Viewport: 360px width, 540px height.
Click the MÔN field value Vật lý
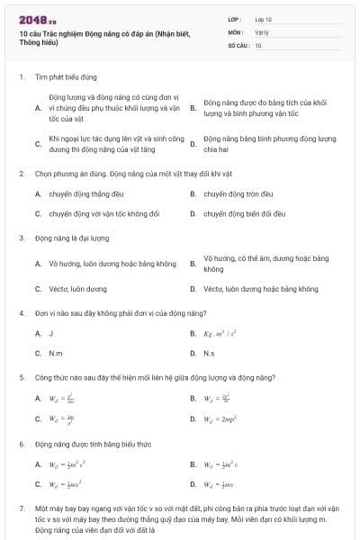pos(262,31)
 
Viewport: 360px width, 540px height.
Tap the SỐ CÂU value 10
pos(258,44)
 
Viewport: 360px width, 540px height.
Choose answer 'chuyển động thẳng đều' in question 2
pos(86,193)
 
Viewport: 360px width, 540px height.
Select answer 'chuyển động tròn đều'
pos(238,193)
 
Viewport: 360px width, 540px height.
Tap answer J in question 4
pos(51,333)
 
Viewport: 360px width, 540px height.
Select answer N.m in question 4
pos(55,354)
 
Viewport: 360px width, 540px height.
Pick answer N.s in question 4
pos(209,354)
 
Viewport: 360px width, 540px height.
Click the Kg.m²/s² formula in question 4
pos(220,333)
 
